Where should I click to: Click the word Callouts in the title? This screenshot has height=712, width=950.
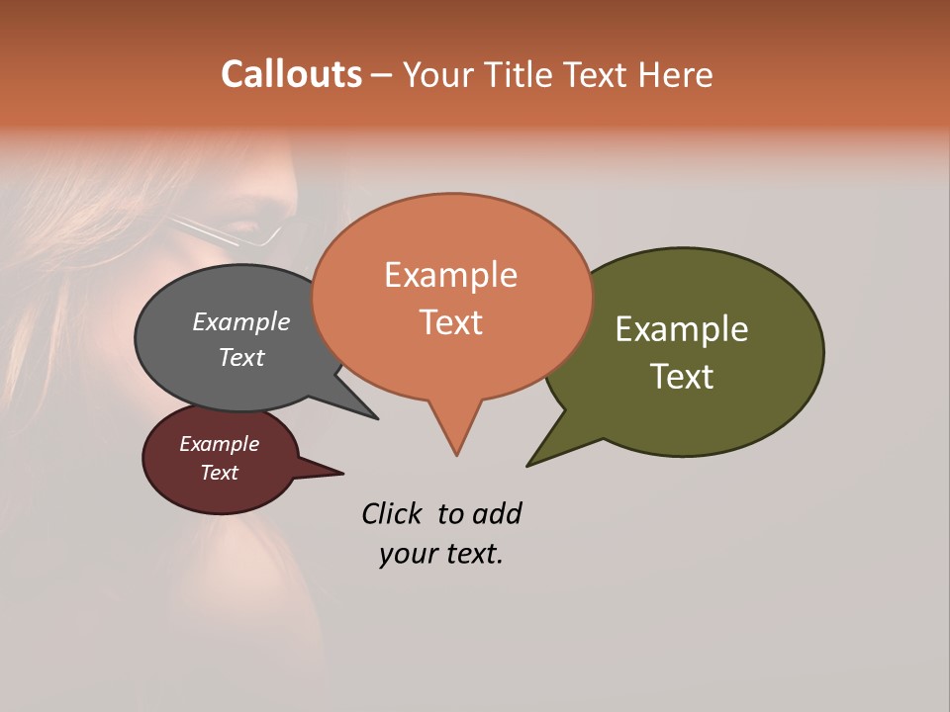tap(292, 74)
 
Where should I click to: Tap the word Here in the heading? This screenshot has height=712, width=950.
tap(674, 74)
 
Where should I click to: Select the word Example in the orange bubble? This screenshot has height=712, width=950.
tap(450, 275)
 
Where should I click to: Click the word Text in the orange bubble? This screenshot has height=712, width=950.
tap(450, 322)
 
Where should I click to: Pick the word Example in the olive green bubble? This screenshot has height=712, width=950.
tap(682, 329)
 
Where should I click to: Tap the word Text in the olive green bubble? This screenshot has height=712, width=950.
tap(682, 377)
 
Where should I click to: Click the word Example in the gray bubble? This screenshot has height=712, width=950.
tap(241, 322)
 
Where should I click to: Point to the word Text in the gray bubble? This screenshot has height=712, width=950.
tap(241, 357)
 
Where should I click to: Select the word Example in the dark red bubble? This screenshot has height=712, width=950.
tap(220, 444)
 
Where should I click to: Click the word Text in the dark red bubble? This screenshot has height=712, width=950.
tap(220, 473)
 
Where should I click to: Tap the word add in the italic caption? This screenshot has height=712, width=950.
tap(496, 514)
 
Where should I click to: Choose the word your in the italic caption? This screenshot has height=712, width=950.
tap(407, 554)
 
